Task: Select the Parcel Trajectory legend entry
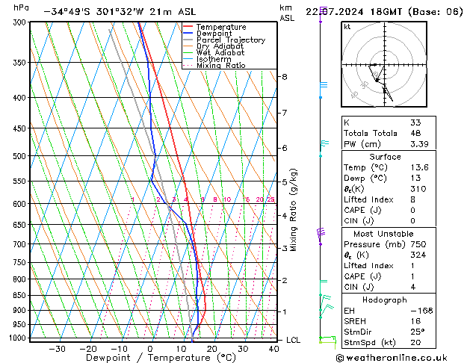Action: (x=230, y=40)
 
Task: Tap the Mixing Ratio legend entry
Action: (x=220, y=66)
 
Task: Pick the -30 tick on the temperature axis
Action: (x=57, y=349)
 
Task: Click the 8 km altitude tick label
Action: (x=284, y=77)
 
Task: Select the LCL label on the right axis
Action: (x=294, y=340)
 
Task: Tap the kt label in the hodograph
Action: (x=347, y=26)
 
